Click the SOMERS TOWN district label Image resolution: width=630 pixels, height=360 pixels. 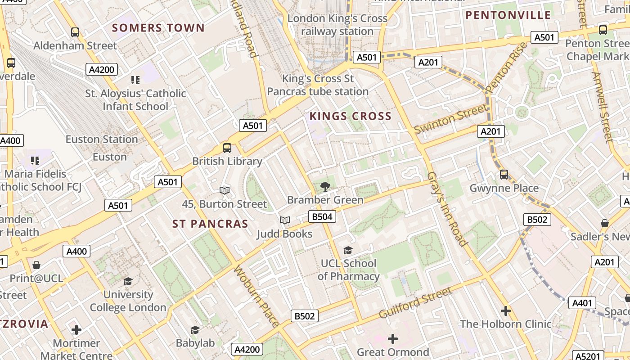(x=158, y=28)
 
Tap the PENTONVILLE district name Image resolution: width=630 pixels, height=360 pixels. (x=508, y=15)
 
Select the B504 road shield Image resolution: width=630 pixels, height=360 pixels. (x=322, y=217)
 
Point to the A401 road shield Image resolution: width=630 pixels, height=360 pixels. (x=582, y=303)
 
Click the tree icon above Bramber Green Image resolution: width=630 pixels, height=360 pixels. (x=325, y=187)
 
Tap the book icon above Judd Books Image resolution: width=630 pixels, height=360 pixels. (x=284, y=220)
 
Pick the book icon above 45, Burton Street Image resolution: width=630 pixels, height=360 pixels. (x=224, y=191)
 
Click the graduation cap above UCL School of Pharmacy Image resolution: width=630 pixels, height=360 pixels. (x=348, y=250)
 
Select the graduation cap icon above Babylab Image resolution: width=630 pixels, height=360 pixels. (x=195, y=330)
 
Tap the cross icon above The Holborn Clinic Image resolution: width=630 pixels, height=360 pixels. (x=506, y=310)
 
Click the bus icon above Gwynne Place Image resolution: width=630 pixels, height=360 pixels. (x=504, y=175)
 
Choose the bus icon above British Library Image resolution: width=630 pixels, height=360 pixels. (x=227, y=148)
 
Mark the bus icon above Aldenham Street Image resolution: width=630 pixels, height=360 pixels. (x=75, y=32)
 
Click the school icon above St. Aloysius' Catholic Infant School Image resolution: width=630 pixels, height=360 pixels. (x=135, y=80)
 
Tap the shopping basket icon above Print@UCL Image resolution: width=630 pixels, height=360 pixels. (x=36, y=265)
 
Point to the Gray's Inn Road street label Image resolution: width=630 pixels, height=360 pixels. (x=447, y=209)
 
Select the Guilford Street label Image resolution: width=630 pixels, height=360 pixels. (x=415, y=302)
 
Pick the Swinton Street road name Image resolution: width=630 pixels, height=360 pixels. (x=450, y=119)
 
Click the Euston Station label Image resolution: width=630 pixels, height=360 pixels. (x=102, y=139)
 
